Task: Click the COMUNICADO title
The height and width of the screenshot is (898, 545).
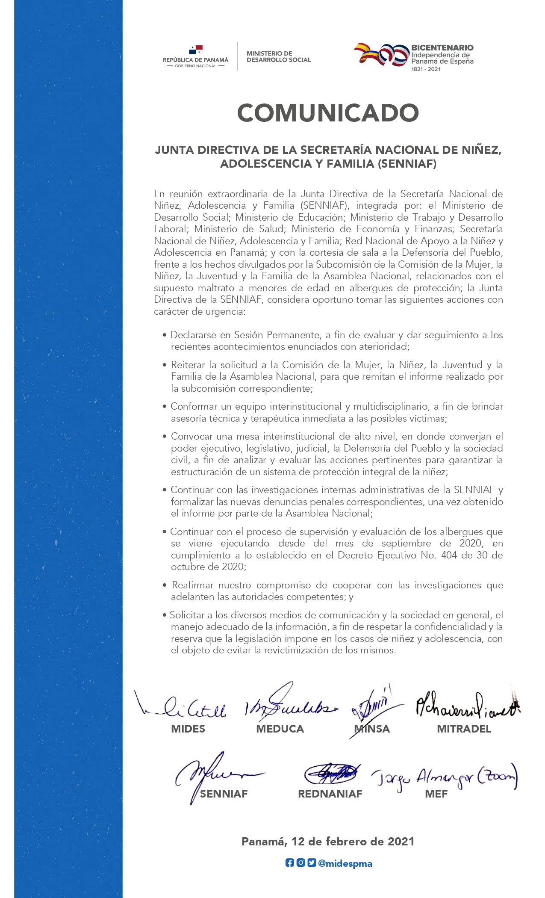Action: click(328, 113)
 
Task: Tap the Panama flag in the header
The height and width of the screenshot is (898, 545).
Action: click(196, 50)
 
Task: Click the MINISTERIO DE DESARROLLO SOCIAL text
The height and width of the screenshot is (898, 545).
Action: click(279, 56)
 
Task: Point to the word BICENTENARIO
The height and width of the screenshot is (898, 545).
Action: click(442, 47)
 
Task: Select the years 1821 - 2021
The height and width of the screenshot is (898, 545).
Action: click(425, 69)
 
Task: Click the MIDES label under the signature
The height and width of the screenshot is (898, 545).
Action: click(188, 729)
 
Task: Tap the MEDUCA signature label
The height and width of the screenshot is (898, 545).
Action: click(280, 729)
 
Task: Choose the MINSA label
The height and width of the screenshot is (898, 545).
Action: click(372, 729)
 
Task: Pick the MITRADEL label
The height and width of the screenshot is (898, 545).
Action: click(464, 729)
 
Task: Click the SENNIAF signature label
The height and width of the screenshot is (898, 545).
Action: click(224, 794)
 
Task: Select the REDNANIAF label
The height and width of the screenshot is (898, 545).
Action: click(330, 794)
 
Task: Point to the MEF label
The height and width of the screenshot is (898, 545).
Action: click(436, 794)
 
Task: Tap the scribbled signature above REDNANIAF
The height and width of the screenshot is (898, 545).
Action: click(331, 773)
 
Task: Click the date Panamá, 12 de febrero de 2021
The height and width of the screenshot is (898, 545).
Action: click(328, 842)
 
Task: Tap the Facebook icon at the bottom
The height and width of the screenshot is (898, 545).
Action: click(289, 863)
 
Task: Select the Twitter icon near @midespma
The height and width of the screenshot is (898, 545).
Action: click(312, 863)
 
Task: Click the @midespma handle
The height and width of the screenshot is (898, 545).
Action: click(345, 863)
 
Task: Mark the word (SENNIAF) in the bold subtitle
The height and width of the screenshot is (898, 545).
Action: click(407, 164)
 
